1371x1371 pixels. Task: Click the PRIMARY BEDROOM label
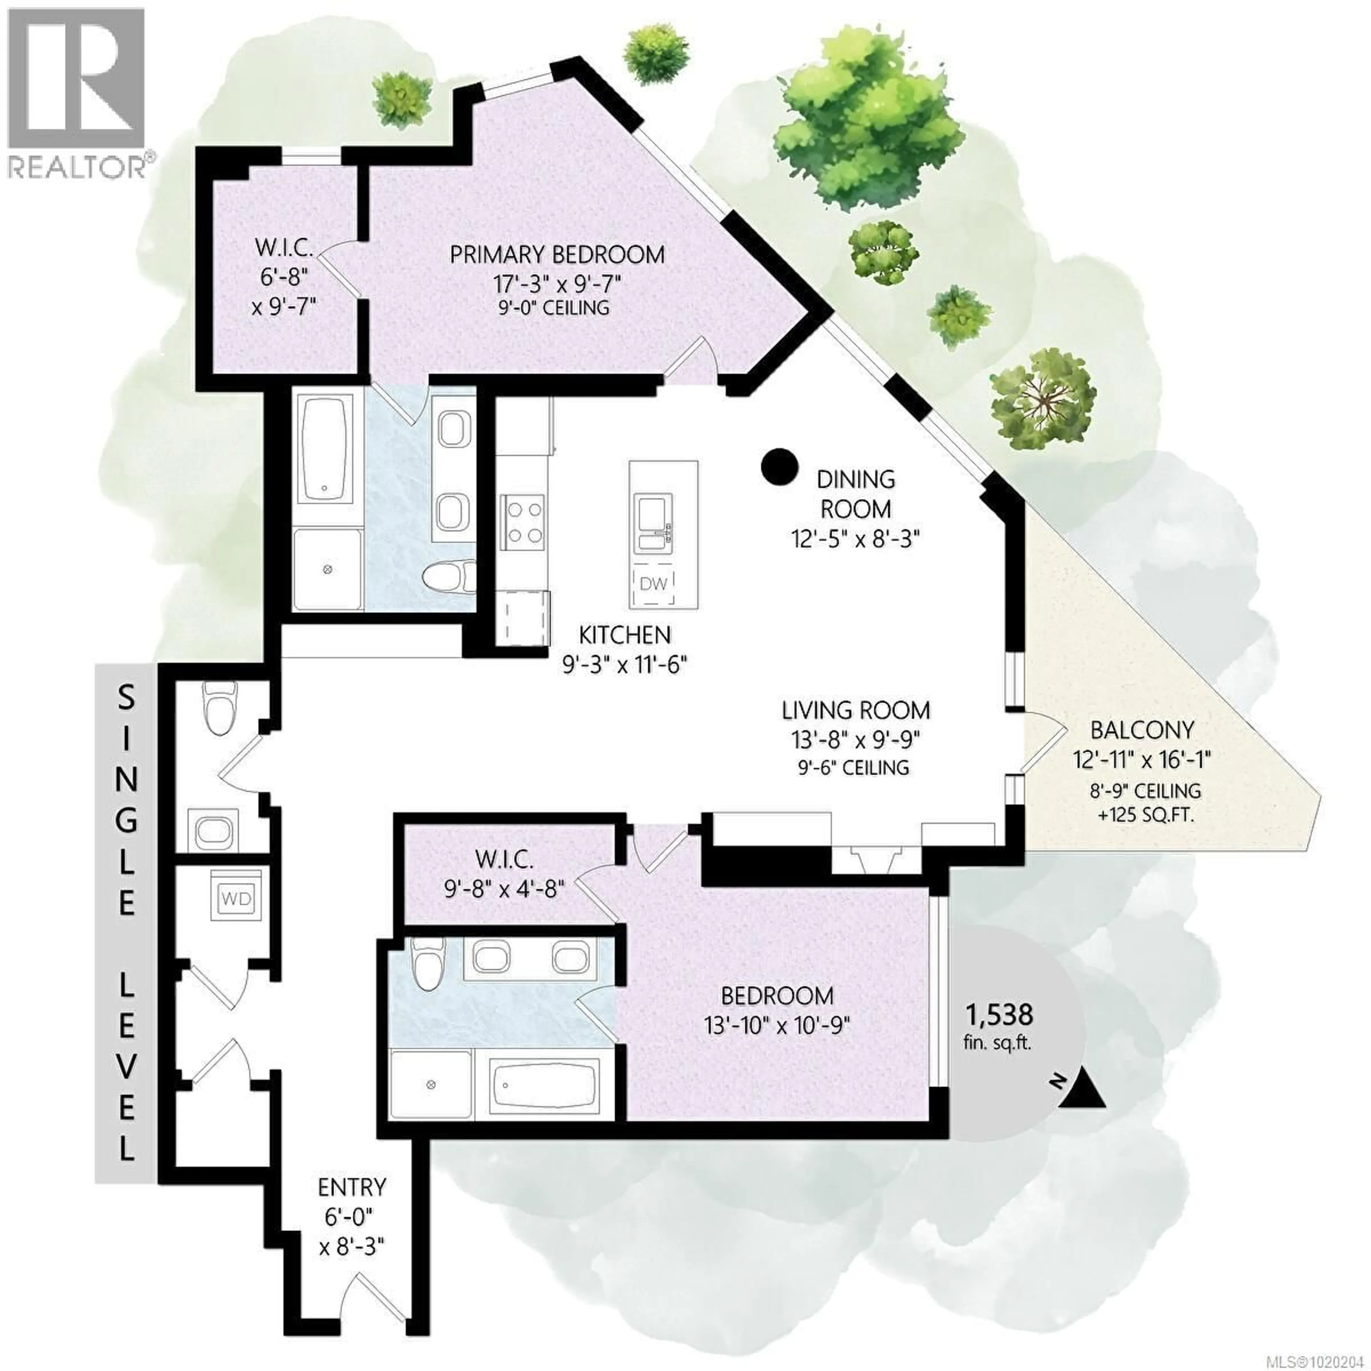[x=558, y=254]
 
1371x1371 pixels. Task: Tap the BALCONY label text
[x=1142, y=729]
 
